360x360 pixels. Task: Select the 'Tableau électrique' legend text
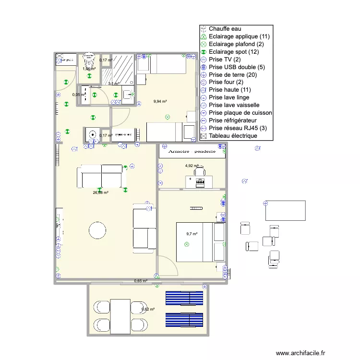point(233,136)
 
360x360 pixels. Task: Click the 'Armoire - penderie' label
point(192,151)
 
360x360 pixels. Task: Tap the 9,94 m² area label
point(160,101)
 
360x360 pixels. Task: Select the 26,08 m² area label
point(100,192)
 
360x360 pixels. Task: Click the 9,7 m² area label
point(192,234)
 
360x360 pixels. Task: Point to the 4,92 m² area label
point(192,166)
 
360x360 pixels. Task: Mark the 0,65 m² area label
point(141,281)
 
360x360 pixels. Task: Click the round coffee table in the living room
point(97,230)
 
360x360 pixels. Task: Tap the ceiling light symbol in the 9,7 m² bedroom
point(187,244)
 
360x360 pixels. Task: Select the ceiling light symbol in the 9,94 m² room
point(167,117)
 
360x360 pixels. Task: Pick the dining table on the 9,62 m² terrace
point(120,316)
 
